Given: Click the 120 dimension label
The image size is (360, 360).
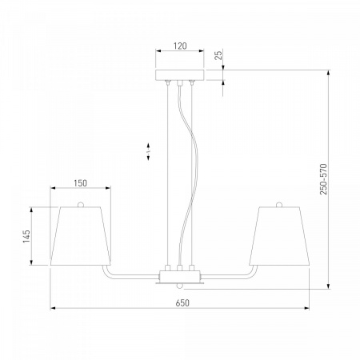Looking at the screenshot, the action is [x=180, y=46].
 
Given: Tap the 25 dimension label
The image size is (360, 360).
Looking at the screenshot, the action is [x=218, y=55].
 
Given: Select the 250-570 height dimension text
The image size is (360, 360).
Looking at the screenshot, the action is [x=323, y=179].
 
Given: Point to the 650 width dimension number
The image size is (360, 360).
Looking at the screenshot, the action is [x=182, y=303].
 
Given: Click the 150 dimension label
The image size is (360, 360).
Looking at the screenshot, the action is [x=80, y=183].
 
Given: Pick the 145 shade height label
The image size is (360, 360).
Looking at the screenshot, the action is [x=26, y=236].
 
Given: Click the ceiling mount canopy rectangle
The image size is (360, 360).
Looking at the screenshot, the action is [x=180, y=75].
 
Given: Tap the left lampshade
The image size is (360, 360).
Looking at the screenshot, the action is [x=80, y=236].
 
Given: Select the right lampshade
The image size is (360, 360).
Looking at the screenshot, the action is [x=279, y=236].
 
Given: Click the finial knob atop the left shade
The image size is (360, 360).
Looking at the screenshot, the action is [x=81, y=205].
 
